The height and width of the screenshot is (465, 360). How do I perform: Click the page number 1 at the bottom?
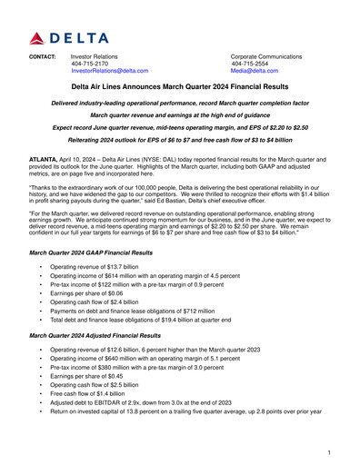coord(327,451)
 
